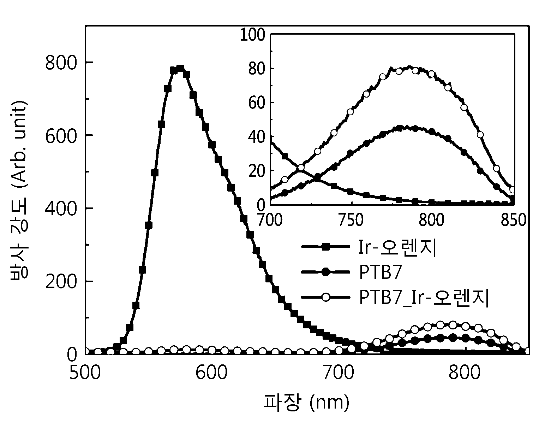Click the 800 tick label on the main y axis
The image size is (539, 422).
tap(60, 62)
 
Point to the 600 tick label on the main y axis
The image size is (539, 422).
tap(60, 135)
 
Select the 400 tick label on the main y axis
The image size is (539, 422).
tap(60, 208)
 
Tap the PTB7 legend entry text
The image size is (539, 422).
tap(380, 272)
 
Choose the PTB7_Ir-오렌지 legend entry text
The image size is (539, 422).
tap(424, 298)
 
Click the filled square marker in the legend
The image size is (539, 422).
tap(326, 247)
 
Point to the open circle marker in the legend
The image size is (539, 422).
tap(326, 297)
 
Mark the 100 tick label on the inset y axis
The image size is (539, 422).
tap(252, 35)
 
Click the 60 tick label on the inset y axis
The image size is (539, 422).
tap(257, 102)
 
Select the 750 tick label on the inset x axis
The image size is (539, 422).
tap(351, 220)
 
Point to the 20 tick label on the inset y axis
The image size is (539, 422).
tap(257, 171)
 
